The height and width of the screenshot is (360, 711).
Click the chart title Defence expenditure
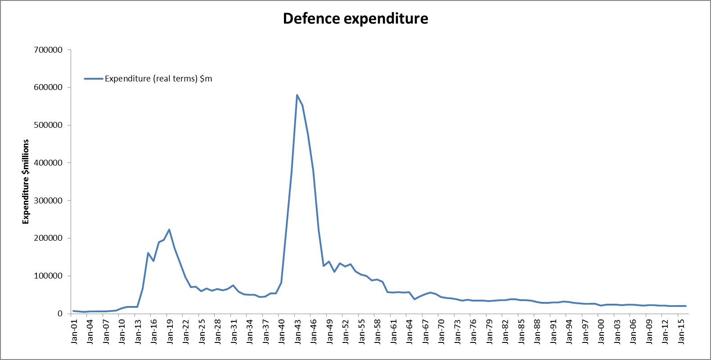click(x=355, y=19)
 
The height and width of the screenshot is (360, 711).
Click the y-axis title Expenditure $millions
click(x=26, y=182)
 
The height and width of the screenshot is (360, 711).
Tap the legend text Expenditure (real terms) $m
click(x=158, y=79)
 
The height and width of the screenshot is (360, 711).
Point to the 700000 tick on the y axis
click(x=48, y=50)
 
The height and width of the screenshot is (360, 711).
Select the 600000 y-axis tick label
click(x=48, y=87)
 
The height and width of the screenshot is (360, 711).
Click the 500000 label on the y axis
click(x=48, y=125)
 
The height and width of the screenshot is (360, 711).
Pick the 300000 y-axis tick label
click(x=48, y=201)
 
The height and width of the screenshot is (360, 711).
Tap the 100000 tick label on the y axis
click(x=48, y=276)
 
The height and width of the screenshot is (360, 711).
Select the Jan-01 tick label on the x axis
click(x=74, y=331)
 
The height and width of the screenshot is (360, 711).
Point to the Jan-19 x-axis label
click(x=170, y=331)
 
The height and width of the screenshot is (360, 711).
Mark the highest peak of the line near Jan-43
click(x=297, y=95)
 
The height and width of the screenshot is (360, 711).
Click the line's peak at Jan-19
click(x=169, y=229)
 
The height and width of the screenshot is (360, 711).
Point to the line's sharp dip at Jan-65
click(x=414, y=299)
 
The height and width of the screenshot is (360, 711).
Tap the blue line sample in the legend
click(x=93, y=79)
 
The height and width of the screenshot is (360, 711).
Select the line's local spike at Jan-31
click(x=233, y=285)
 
